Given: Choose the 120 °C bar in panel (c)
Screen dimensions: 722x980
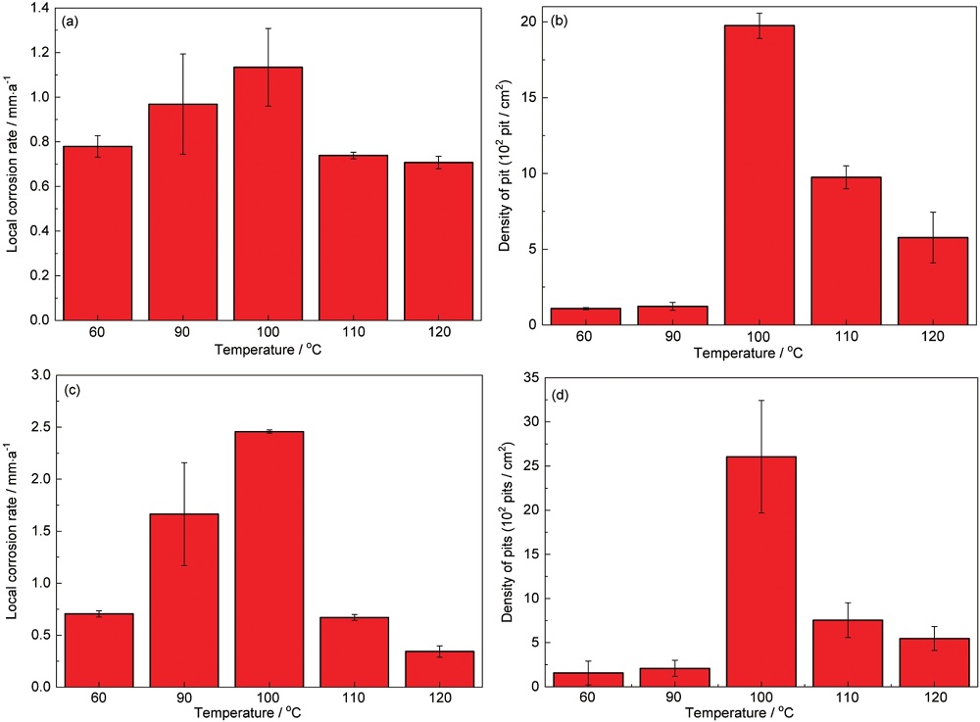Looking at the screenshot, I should click(439, 668).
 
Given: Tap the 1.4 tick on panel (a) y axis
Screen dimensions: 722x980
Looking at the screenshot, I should click(39, 8).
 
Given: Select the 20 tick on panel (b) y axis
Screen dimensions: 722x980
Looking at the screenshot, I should click(530, 22).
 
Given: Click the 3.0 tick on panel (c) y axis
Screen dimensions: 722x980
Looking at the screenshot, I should click(39, 375).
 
